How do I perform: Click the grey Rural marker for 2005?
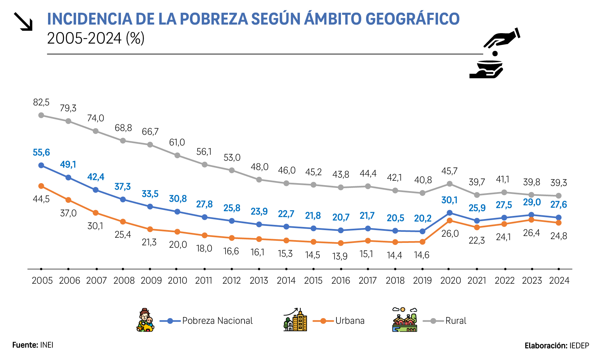pos(41,115)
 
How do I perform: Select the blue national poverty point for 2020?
pos(450,213)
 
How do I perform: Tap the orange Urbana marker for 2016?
pos(341,243)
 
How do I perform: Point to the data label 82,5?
pos(41,102)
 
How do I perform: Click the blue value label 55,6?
pos(41,152)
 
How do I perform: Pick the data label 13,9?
pos(340,256)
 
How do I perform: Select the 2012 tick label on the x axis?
pos(231,281)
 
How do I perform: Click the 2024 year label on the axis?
pos(559,281)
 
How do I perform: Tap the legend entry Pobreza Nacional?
pos(217,321)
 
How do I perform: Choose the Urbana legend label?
pos(350,321)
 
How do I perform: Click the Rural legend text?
pos(456,321)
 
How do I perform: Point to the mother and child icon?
pos(145,320)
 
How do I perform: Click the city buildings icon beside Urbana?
pos(295,320)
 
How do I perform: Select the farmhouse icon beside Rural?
pos(405,320)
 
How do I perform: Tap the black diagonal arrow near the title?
pos(23,21)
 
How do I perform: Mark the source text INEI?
pos(47,345)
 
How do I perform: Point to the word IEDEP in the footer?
pos(579,346)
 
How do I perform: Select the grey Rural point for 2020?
pos(450,184)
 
